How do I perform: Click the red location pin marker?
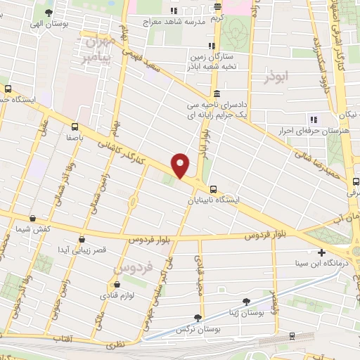tap(181, 165)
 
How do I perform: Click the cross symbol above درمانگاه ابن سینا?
tap(321, 252)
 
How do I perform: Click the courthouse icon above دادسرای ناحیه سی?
tap(217, 94)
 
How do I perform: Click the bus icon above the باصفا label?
tap(75, 127)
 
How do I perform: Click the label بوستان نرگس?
tap(195, 330)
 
